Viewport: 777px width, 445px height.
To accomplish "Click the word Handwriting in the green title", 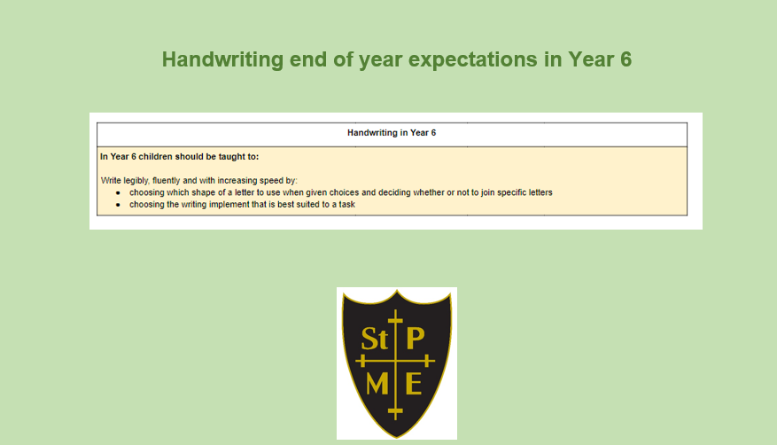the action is pos(222,60).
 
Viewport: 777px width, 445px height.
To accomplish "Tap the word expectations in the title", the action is pos(473,60).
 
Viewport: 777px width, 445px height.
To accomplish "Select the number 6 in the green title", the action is pos(625,59).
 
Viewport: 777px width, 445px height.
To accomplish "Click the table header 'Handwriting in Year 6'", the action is pos(392,133).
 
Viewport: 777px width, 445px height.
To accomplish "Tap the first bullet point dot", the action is pos(118,192).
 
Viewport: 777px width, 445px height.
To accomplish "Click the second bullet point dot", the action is pos(118,205).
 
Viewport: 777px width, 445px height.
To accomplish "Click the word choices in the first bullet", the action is pos(344,192).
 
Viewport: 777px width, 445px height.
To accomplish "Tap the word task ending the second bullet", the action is pos(347,204).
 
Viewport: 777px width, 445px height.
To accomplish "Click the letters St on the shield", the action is pos(374,339).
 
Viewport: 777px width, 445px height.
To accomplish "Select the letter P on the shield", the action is pos(416,338).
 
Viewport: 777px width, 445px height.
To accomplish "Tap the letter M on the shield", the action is pos(377,384).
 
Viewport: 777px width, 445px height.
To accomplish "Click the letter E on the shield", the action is pos(413,384).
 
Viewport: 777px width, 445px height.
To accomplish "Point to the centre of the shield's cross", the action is pos(395,361).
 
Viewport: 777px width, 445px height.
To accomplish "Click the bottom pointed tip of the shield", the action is pos(396,438).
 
